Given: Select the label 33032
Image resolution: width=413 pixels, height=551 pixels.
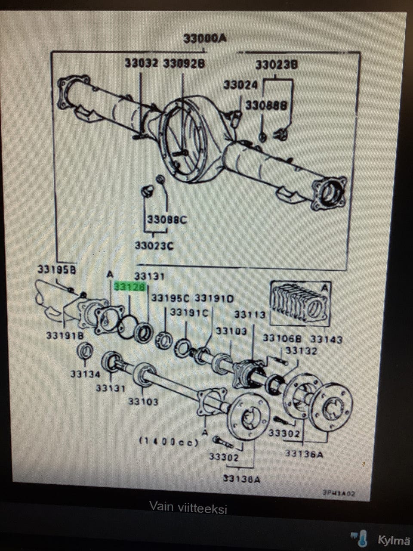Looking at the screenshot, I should pos(142,63).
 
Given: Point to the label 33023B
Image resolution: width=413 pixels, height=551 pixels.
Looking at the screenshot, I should pos(277,65).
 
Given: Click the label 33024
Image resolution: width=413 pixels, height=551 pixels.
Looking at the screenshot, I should pos(240,85).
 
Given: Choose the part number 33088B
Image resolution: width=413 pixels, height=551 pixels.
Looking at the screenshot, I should pos(266,105).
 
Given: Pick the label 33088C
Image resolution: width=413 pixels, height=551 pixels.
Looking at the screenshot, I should pos(167,220).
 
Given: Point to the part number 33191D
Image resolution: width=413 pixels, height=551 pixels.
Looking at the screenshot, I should pos(214,298).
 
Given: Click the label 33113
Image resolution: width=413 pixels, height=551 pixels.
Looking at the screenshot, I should pos(250,315).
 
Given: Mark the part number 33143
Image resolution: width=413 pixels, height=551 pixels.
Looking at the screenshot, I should pos(327,340).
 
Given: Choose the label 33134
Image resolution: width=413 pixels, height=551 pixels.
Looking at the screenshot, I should pos(85,374).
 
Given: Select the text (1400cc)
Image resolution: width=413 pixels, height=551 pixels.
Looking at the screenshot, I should pos(169,442).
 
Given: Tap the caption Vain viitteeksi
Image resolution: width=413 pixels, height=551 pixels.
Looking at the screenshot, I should pos(188,508).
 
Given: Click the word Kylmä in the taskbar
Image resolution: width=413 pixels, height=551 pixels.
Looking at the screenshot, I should pos(393,540).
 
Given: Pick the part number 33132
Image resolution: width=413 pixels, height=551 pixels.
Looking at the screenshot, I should pos(301,351).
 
